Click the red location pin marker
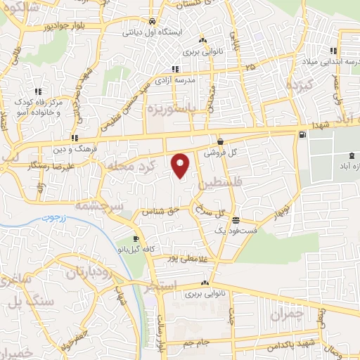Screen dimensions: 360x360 click(x=181, y=165)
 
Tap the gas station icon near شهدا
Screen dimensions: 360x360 click(x=302, y=134)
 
